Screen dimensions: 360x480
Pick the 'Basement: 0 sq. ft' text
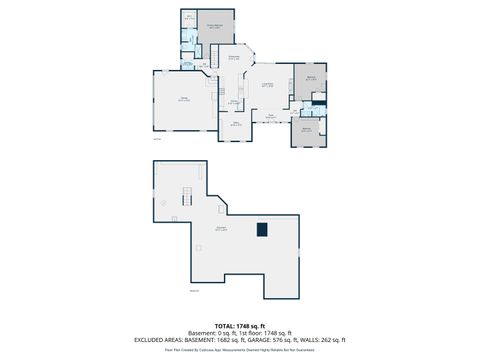pos(208,331)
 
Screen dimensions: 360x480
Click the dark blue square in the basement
pos(262,229)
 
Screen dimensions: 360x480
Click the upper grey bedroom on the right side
pos(310,79)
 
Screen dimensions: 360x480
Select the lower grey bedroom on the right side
pos(307,130)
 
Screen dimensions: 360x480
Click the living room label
pos(268,86)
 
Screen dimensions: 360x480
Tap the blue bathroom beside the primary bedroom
pos(188,40)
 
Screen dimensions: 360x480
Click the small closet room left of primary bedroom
pos(188,18)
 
